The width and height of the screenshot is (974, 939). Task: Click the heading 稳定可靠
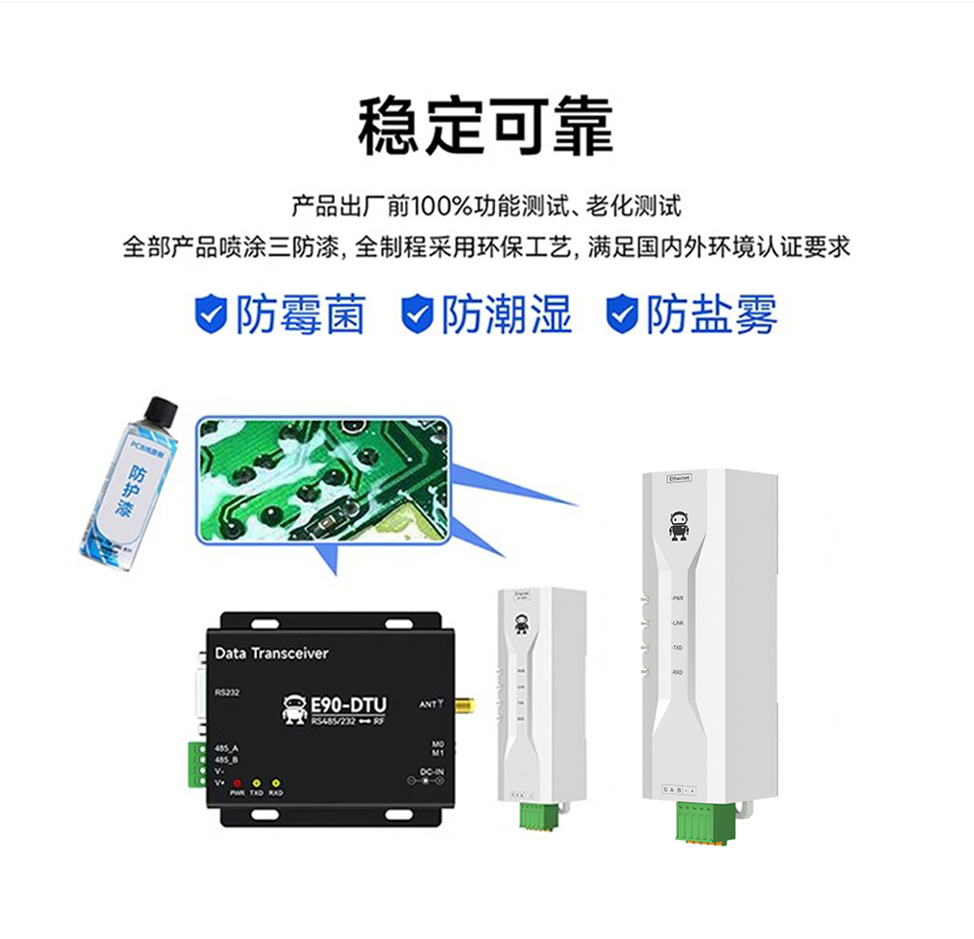[486, 127]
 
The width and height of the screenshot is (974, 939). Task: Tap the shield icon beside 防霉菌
[210, 315]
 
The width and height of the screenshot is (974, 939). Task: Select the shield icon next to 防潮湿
[417, 315]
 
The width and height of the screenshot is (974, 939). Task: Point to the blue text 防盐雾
[712, 315]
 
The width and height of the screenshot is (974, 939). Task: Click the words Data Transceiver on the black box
[271, 654]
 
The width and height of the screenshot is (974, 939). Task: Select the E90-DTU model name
[349, 704]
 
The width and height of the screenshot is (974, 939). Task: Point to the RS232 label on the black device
[227, 693]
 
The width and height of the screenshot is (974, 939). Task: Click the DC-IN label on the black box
[431, 770]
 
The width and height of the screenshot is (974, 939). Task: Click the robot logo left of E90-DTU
[293, 710]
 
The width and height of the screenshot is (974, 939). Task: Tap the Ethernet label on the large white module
[679, 478]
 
